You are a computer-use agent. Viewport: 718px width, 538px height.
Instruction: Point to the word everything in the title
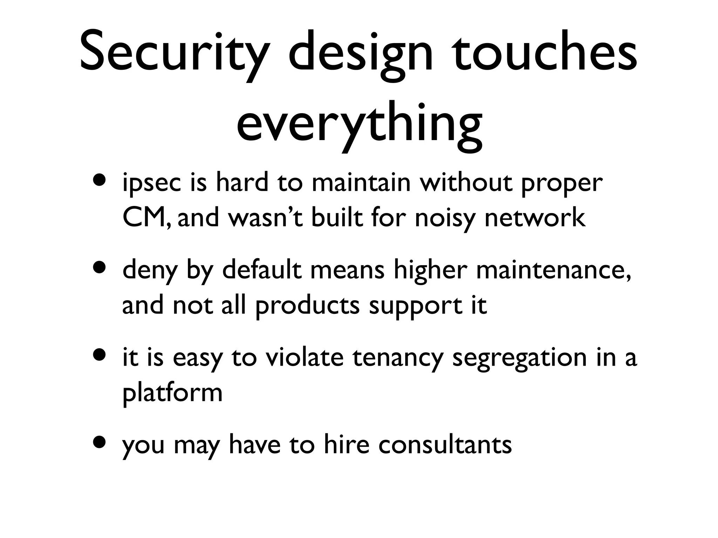[x=359, y=124]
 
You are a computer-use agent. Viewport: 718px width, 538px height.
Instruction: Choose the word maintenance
[x=554, y=270]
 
